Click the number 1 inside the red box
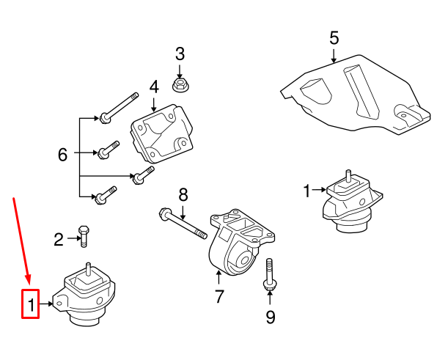click(x=30, y=303)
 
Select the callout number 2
click(x=59, y=238)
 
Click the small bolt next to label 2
click(x=84, y=236)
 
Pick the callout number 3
click(x=180, y=54)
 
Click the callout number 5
click(x=334, y=37)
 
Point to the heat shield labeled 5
click(x=352, y=95)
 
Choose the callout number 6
click(x=63, y=155)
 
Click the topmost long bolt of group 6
click(x=119, y=106)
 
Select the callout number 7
click(x=219, y=297)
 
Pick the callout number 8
click(x=183, y=194)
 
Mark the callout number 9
click(x=270, y=317)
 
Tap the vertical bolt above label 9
click(x=269, y=277)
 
